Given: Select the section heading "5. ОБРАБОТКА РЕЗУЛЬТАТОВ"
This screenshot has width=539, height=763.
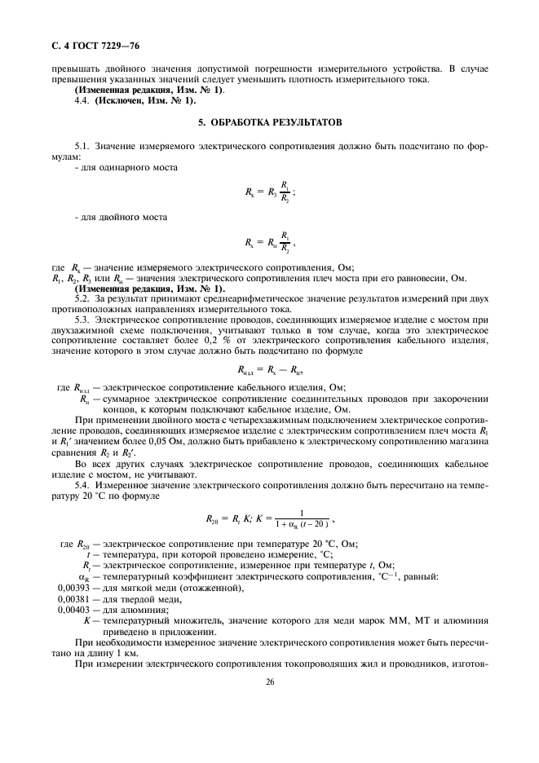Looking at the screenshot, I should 269,121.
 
